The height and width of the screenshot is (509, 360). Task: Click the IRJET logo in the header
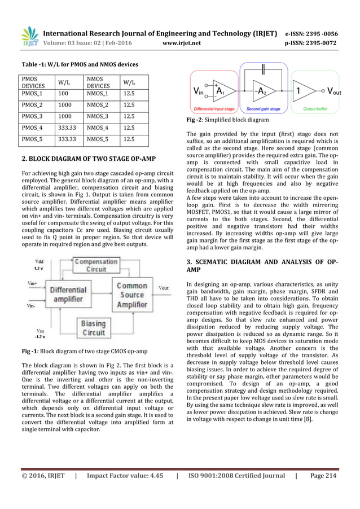tap(30, 36)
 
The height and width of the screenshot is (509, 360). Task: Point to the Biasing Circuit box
tap(94, 328)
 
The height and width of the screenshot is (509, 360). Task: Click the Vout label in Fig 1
tap(163, 288)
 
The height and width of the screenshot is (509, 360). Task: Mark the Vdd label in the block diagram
tap(38, 262)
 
